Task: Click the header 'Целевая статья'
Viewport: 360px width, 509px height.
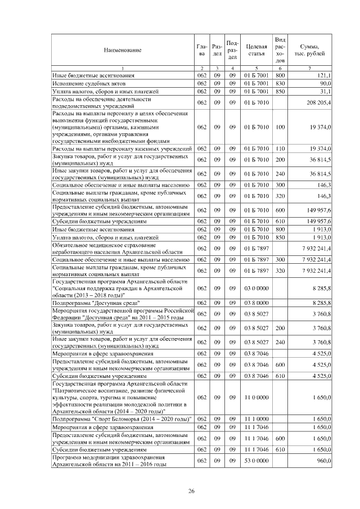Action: pos(256,50)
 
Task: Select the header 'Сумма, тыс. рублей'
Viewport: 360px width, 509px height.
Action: pos(311,50)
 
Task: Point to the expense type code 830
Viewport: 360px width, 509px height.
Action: pos(281,83)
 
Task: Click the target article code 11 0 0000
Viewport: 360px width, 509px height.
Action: pos(256,398)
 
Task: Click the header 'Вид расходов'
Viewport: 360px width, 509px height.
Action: pos(281,50)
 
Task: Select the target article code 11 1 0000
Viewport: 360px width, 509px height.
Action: pos(256,419)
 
